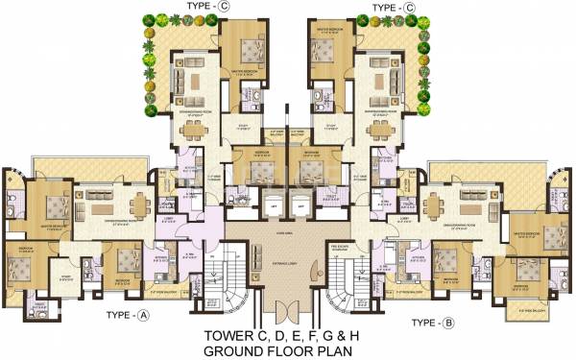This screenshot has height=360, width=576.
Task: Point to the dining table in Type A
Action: pyautogui.click(x=139, y=203)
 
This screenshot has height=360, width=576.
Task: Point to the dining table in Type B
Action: pyautogui.click(x=437, y=203)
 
